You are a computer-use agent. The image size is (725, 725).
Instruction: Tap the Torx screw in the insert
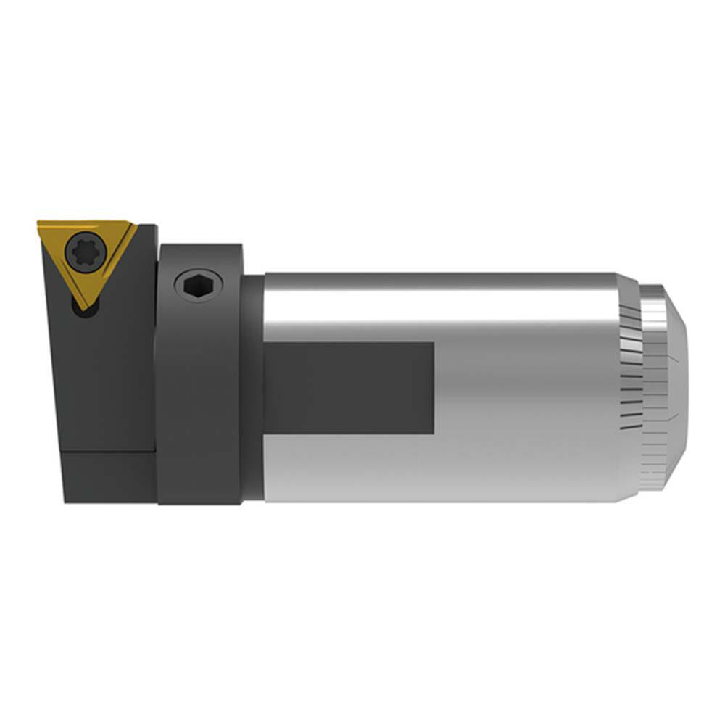[86, 253]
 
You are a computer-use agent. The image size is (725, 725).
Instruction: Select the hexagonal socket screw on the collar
[199, 285]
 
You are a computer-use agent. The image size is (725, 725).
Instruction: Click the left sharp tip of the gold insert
[41, 225]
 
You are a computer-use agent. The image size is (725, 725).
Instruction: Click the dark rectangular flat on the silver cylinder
[348, 388]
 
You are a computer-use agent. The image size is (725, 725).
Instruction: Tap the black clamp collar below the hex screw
[199, 406]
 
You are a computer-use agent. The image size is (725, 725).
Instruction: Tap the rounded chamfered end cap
[671, 384]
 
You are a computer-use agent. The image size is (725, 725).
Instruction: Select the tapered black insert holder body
[109, 377]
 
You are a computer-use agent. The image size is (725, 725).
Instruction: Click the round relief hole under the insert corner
[78, 310]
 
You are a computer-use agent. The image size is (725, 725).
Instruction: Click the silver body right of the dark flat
[522, 391]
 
